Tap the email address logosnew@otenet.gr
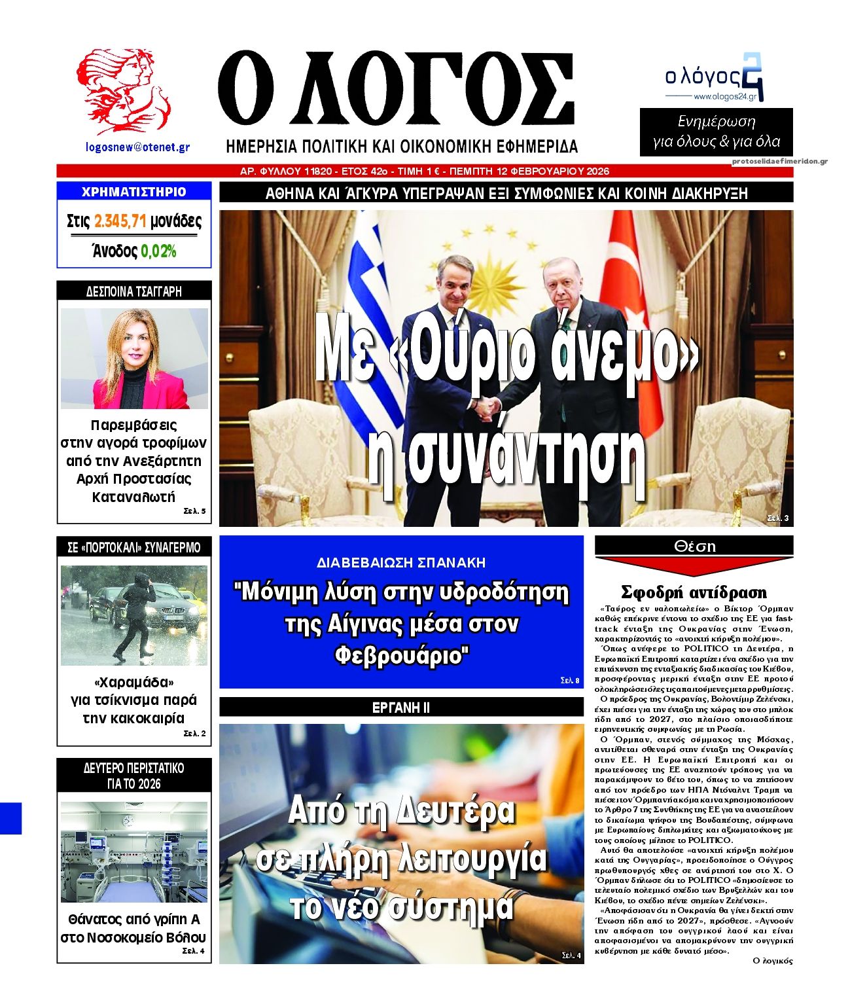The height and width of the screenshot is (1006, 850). coord(138,147)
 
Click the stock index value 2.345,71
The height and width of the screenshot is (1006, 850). coord(120,221)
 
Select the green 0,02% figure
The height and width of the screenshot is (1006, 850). coord(158,251)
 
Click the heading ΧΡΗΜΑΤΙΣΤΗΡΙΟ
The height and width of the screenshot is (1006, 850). coord(134,192)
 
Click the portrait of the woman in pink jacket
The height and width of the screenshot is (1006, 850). coord(135,359)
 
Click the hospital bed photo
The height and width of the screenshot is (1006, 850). coord(134,852)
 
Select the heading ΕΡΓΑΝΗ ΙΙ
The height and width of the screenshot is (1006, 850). coord(401,708)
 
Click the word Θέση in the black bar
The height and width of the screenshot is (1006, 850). coord(694,546)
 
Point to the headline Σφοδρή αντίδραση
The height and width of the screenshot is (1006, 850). coord(694,592)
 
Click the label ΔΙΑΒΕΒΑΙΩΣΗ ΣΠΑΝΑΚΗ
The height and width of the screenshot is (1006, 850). coord(401,562)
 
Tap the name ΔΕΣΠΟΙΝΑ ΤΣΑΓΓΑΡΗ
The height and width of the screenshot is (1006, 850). coord(134,291)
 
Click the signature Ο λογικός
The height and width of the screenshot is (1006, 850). coord(773,961)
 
